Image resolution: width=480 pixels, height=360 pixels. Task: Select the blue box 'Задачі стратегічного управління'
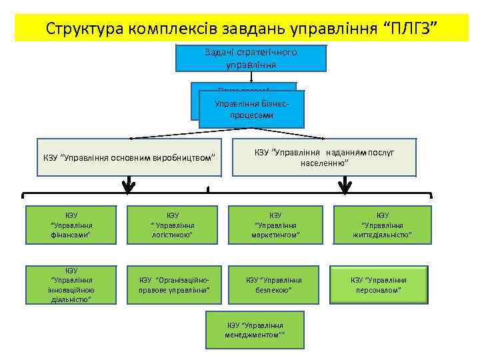point(251,58)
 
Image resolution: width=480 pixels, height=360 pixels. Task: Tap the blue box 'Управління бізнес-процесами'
point(251,109)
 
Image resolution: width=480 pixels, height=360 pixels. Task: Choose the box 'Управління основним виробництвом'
point(129,157)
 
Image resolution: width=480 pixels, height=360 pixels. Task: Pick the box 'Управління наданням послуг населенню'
point(324,157)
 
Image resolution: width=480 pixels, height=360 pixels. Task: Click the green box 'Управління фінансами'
point(71,225)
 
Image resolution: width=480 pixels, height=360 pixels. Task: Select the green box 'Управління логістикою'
point(172,225)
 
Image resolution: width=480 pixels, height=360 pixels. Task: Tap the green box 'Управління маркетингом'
point(275,225)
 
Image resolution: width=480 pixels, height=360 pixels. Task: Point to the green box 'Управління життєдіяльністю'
point(382,225)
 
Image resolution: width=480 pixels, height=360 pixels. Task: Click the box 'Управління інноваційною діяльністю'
point(71,285)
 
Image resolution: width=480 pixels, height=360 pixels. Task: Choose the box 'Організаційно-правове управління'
point(172,285)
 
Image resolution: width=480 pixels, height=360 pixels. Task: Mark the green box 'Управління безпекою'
point(275,285)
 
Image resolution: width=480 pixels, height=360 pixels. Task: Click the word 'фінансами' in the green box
point(71,235)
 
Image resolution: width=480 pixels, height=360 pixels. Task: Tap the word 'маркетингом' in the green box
point(275,235)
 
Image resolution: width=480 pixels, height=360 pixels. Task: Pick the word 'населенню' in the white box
point(324,163)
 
